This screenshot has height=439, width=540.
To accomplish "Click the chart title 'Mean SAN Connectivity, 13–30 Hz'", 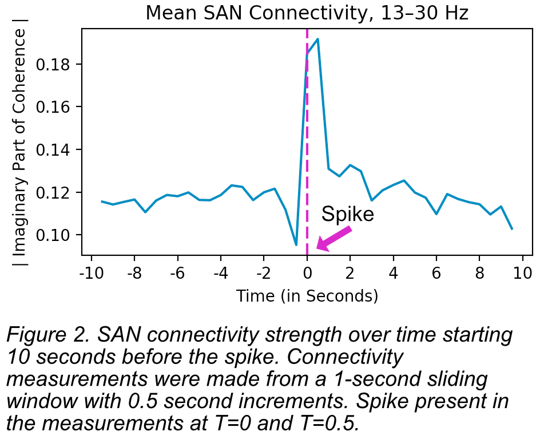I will click(x=307, y=13).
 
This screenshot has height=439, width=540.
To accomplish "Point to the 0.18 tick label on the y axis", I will click(x=54, y=65).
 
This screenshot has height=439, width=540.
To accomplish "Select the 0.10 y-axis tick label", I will click(x=54, y=235).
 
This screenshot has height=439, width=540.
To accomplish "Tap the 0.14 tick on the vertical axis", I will click(x=54, y=150).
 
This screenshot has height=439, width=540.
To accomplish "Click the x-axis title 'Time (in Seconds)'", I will click(x=307, y=295).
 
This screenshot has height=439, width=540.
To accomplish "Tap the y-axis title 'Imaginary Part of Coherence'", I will click(x=19, y=143).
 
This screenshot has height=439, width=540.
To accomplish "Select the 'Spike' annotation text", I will click(x=347, y=214).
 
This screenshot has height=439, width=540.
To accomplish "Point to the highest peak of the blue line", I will click(x=317, y=39).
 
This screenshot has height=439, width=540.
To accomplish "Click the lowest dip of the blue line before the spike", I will click(x=296, y=245).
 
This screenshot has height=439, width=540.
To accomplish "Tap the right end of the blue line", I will click(x=512, y=229).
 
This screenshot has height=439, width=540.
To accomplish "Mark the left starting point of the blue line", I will click(x=102, y=201).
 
